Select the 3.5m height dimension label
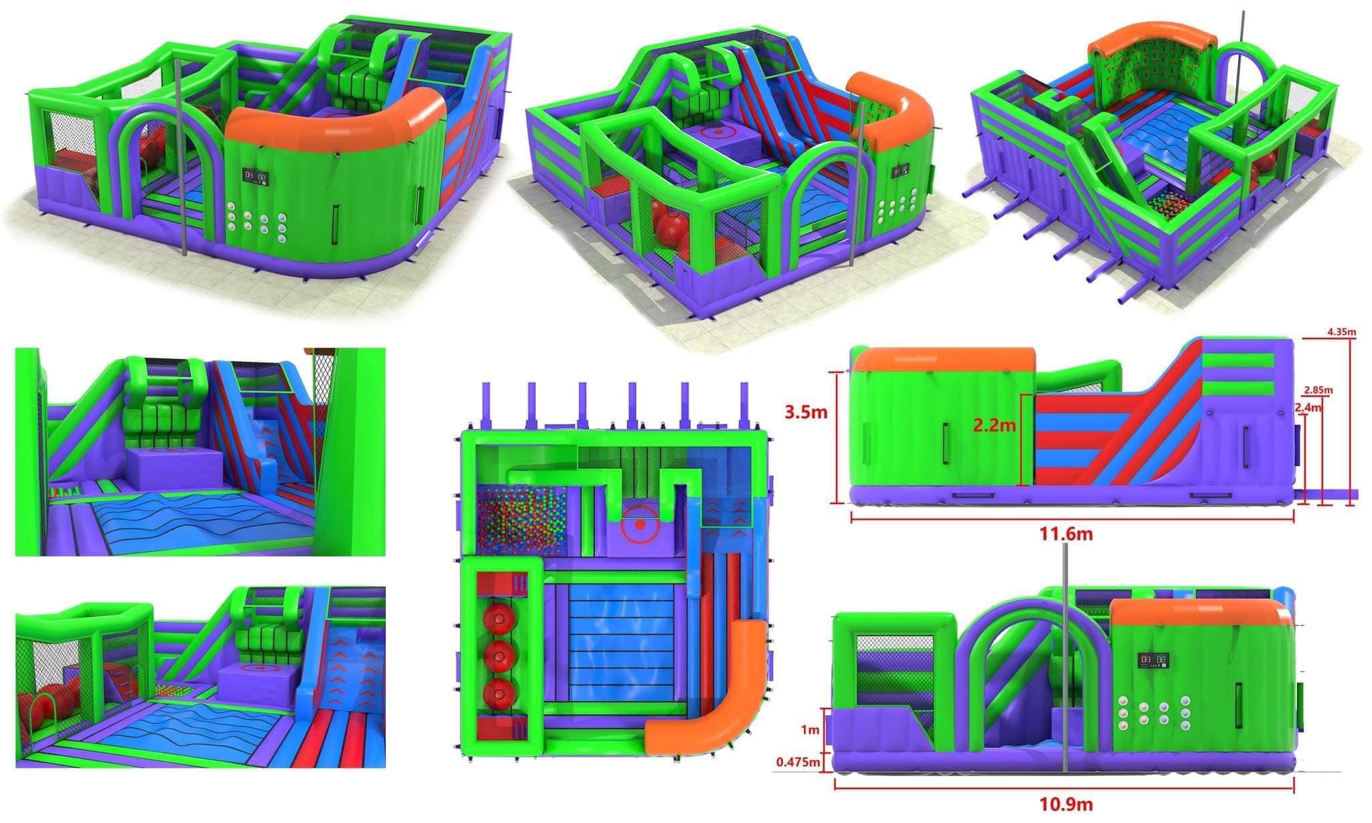(x=807, y=412)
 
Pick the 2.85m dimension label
(x=1318, y=390)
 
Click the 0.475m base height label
(x=798, y=761)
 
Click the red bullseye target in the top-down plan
(x=640, y=525)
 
